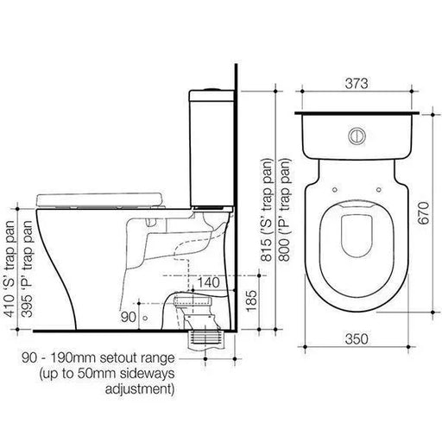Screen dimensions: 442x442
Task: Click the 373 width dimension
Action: click(x=357, y=84)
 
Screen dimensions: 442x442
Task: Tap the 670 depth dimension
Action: click(x=423, y=213)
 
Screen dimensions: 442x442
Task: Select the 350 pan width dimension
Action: click(x=357, y=338)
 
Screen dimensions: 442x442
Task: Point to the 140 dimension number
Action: click(x=209, y=282)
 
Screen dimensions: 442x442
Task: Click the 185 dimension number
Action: click(x=251, y=300)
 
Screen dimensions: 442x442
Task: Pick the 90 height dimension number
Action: click(x=129, y=317)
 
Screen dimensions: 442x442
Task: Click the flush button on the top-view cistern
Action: click(x=357, y=136)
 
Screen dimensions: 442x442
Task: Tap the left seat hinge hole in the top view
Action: click(x=335, y=190)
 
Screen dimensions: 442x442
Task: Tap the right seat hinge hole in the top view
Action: click(x=379, y=190)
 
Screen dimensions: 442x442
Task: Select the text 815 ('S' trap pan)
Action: click(x=266, y=210)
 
